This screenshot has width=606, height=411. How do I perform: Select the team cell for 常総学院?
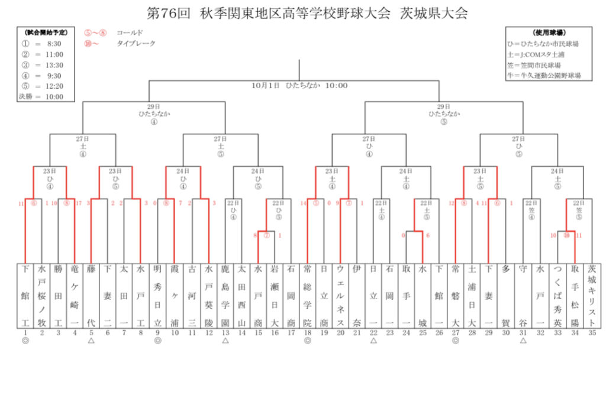pyautogui.click(x=307, y=296)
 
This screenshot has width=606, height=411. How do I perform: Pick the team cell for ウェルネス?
pyautogui.click(x=340, y=296)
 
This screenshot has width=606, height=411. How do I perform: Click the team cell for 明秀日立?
pyautogui.click(x=157, y=296)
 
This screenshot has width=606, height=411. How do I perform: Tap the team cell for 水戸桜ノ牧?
pyautogui.click(x=41, y=296)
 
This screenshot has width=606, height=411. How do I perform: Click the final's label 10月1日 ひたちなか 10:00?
pyautogui.click(x=299, y=85)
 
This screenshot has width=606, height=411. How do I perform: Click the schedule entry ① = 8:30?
pyautogui.click(x=41, y=44)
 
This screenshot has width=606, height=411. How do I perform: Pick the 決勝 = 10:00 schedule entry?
pyautogui.click(x=41, y=96)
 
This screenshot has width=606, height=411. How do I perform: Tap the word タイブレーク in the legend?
pyautogui.click(x=136, y=43)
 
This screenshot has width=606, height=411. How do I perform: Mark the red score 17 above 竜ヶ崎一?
pyautogui.click(x=79, y=203)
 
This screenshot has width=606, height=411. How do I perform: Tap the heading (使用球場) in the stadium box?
pyautogui.click(x=549, y=33)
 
